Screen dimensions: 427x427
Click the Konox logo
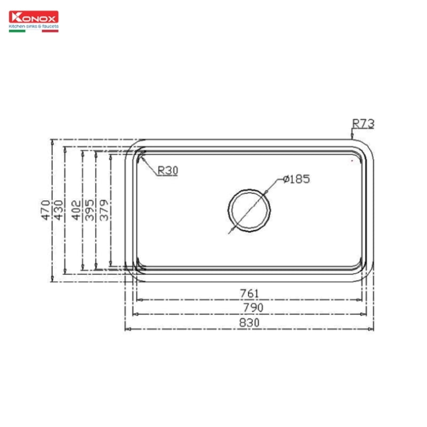pos(34,17)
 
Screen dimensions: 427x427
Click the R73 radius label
pos(363,124)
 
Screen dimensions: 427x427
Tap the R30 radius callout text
pos(168,170)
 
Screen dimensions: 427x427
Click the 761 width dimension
pos(249,293)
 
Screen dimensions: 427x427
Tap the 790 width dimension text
pos(249,308)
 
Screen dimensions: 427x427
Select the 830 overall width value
pos(249,323)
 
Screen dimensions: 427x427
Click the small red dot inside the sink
pos(352,160)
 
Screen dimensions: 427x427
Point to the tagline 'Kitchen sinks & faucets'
pos(34,26)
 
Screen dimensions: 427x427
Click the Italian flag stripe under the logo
pos(34,31)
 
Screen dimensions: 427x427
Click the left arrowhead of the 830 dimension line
pos(127,329)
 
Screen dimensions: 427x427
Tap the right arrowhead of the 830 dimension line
pos(371,329)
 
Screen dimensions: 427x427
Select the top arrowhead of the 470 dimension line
pos(52,142)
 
